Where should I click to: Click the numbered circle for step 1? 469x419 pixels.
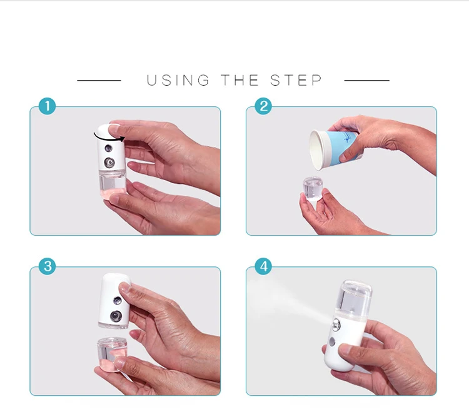tap(48, 106)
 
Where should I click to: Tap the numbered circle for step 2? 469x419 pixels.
tap(263, 106)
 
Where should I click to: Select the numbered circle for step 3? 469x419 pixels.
tap(48, 266)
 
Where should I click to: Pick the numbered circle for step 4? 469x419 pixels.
tap(263, 266)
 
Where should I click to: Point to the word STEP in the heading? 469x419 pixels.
tap(296, 80)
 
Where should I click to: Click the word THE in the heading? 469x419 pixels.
tap(240, 80)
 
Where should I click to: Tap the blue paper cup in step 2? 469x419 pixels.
tap(335, 149)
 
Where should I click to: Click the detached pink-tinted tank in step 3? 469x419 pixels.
tap(111, 354)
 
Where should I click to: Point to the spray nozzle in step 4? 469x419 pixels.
tap(336, 325)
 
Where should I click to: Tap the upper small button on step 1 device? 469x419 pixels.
tap(108, 148)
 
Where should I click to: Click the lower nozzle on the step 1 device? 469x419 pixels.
tap(109, 163)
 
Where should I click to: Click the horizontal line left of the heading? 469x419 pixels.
tap(99, 80)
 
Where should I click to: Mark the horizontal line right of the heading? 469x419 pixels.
tap(366, 80)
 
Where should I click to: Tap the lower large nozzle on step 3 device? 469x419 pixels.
tap(116, 316)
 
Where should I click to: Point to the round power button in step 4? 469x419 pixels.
tap(331, 341)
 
